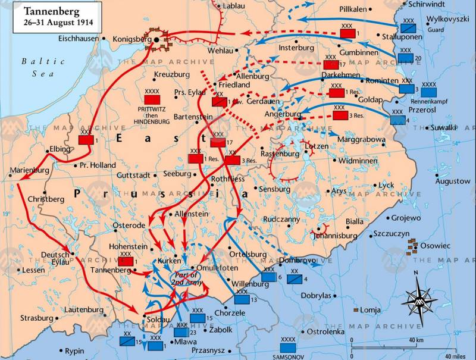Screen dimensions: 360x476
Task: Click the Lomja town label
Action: click(x=372, y=310)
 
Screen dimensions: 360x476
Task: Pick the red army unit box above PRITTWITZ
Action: click(x=152, y=101)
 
